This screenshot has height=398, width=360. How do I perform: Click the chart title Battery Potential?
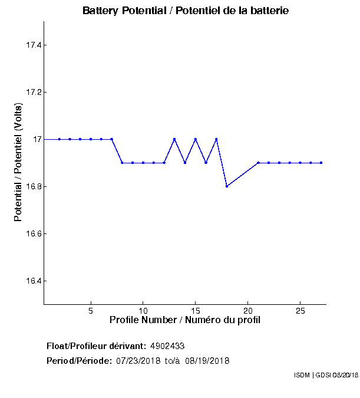pyautogui.click(x=186, y=11)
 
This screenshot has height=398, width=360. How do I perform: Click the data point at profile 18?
pyautogui.click(x=227, y=186)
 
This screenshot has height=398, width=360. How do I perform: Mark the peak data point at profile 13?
pyautogui.click(x=174, y=139)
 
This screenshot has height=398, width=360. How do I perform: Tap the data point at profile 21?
pyautogui.click(x=258, y=163)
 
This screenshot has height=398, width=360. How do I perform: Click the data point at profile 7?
pyautogui.click(x=111, y=139)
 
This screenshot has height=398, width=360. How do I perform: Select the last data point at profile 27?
pyautogui.click(x=321, y=163)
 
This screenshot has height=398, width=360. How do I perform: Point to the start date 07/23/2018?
pyautogui.click(x=138, y=360)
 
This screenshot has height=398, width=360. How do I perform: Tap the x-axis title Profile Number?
pyautogui.click(x=185, y=320)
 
